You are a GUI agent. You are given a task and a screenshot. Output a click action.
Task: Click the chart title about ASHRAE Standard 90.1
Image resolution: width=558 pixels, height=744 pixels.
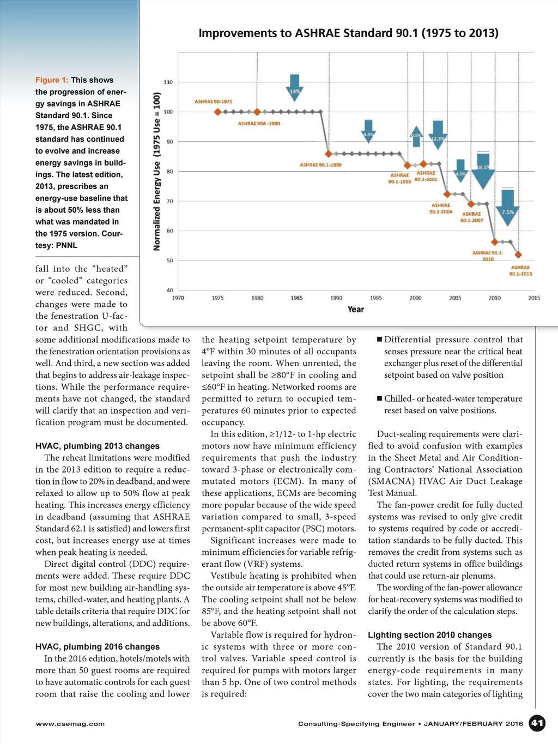point(348,33)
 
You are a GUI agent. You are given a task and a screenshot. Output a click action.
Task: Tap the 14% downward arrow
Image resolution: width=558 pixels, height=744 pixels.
point(294,87)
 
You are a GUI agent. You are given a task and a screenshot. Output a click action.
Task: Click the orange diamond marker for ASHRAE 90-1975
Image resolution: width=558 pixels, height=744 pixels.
point(218,112)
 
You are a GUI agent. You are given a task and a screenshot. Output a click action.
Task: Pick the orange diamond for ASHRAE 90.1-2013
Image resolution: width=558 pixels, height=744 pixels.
point(518,255)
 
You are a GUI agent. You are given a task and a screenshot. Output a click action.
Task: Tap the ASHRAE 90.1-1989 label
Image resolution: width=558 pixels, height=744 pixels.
point(320,165)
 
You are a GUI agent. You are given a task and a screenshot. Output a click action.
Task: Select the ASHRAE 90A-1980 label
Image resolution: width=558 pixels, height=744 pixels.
point(259,124)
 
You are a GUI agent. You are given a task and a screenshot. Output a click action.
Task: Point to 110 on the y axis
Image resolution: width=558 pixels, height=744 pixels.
point(168,82)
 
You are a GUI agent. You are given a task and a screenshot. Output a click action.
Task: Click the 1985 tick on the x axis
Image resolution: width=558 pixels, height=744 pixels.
point(296,298)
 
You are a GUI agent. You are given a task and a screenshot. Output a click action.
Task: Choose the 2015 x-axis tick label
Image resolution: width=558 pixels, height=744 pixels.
point(534,298)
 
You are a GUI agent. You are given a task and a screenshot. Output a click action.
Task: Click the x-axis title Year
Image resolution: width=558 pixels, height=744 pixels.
point(355,310)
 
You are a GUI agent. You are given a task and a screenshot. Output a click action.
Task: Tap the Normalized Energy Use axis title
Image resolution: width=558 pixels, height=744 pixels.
point(157,171)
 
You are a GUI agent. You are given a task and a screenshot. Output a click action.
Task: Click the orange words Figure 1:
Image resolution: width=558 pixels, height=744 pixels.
point(52,80)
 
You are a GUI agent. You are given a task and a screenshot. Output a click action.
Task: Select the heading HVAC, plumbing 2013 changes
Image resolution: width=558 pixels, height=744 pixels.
point(98,446)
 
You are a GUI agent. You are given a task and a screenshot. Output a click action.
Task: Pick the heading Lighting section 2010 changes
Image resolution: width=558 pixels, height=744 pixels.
point(429,635)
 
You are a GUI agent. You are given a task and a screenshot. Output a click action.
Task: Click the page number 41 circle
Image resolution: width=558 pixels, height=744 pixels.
point(537,723)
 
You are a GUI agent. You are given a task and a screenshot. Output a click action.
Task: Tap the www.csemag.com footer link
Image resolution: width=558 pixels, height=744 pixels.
point(70,724)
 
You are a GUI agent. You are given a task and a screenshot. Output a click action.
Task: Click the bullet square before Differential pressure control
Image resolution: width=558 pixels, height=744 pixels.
point(379,340)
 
